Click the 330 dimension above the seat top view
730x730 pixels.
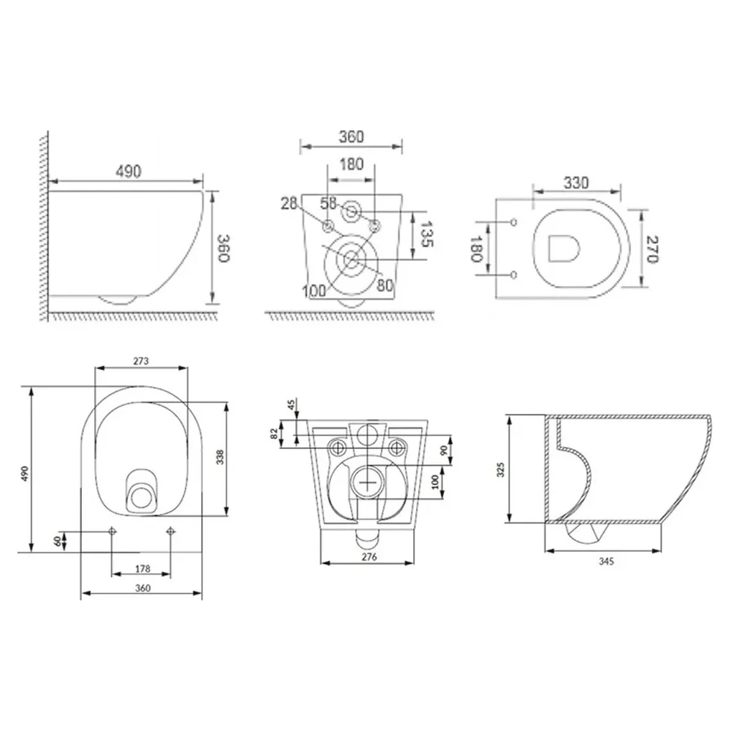[x=576, y=182]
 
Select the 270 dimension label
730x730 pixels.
[x=652, y=249]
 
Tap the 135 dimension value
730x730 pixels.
[x=427, y=234]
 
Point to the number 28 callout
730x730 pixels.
[x=289, y=203]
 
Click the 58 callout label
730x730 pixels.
[x=328, y=203]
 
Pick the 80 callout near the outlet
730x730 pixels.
[x=384, y=285]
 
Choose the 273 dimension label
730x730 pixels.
[x=141, y=361]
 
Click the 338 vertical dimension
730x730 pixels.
[x=220, y=457]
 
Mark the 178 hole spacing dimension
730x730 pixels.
[x=142, y=568]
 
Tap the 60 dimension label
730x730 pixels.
[x=57, y=541]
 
